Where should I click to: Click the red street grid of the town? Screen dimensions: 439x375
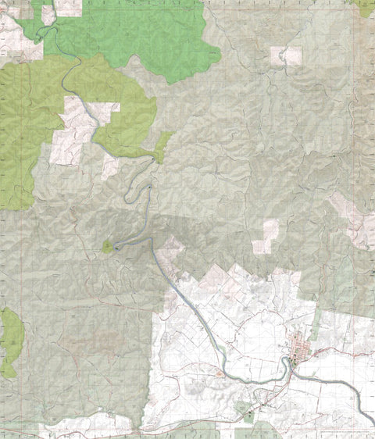tap(299, 347)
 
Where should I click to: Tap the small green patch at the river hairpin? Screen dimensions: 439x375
tap(107, 247)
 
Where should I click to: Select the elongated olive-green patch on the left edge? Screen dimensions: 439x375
tap(10, 341)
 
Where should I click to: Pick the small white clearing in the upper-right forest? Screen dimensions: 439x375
tap(286, 55)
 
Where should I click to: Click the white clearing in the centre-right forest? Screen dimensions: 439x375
tap(266, 236)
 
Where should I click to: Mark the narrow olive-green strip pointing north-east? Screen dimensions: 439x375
tap(163, 145)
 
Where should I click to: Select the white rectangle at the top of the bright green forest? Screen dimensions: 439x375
tap(68, 8)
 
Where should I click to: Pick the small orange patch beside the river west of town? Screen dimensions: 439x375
tap(220, 374)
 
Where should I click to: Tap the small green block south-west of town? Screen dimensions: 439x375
tap(248, 417)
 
